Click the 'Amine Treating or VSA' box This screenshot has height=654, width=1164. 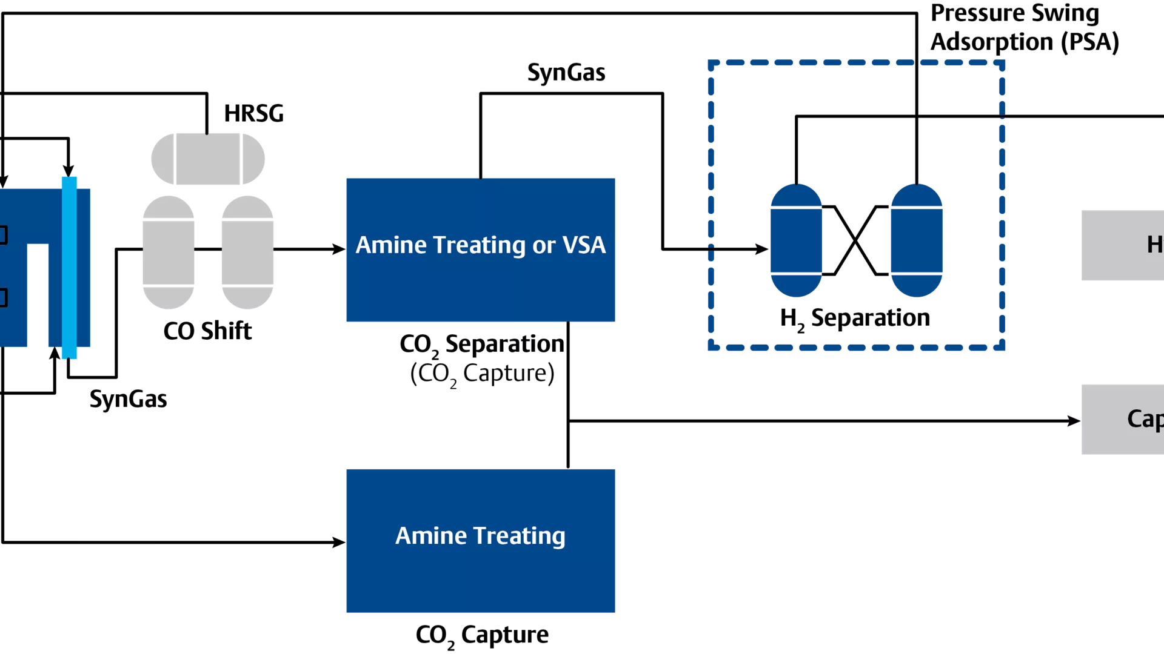480,249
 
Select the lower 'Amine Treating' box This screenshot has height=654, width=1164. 480,540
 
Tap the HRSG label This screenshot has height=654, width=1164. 253,113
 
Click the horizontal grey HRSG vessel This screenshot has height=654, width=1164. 207,159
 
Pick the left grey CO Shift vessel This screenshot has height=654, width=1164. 168,252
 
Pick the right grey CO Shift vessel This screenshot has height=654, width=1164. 247,252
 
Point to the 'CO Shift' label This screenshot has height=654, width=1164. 207,331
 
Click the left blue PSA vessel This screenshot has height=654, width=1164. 796,240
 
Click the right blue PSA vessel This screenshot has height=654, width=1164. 916,240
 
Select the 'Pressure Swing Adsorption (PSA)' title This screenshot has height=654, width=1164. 1024,28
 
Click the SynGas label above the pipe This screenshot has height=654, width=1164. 566,73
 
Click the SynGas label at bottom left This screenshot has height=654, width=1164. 128,399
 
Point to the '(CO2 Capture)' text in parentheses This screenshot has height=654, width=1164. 482,374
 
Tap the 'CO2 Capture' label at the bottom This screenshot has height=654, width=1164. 482,635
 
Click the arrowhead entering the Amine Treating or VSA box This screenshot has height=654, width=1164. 339,249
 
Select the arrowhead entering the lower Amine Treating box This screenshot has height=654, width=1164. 339,542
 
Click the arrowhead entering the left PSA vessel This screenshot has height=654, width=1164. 761,248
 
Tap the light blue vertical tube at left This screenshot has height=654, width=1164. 69,266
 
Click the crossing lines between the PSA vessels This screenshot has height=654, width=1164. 855,240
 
